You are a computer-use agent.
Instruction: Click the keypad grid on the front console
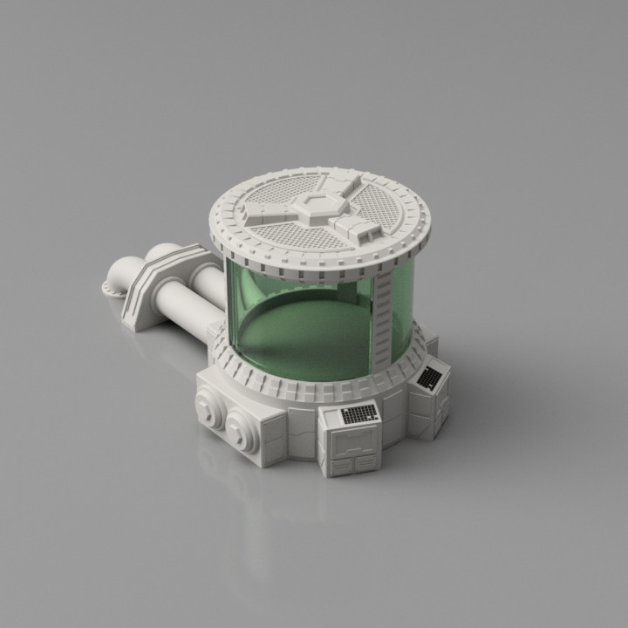pyautogui.click(x=358, y=413)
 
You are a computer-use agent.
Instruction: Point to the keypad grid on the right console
pyautogui.click(x=430, y=377)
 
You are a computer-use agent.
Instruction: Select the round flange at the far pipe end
pyautogui.click(x=112, y=289)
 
